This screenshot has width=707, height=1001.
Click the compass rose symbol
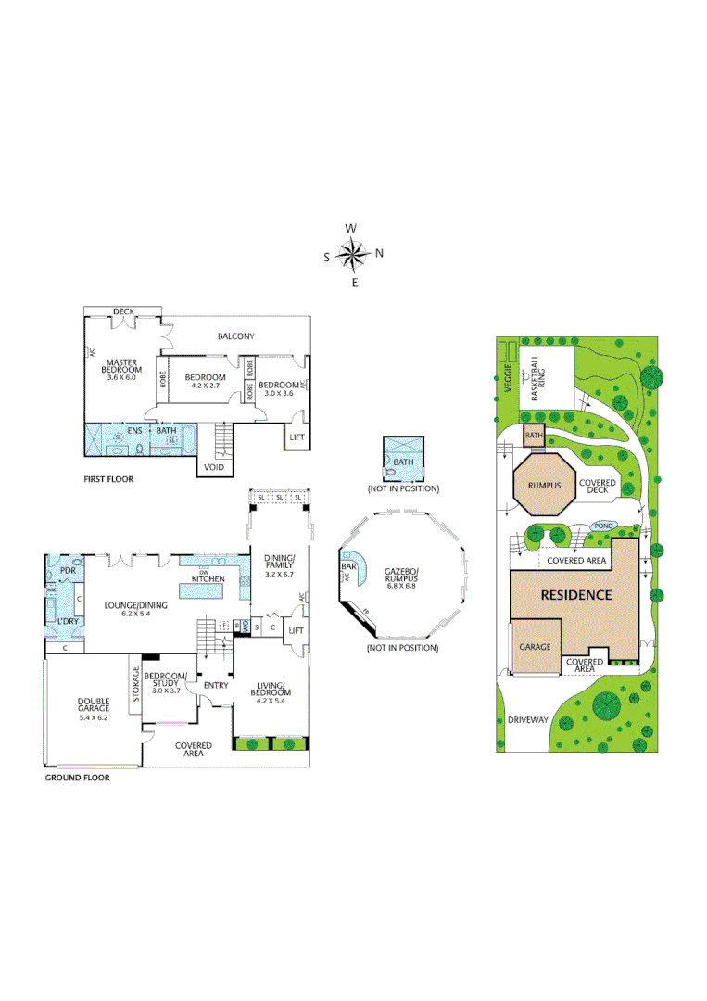[x=353, y=253]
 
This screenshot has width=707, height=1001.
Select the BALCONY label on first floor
[x=235, y=336]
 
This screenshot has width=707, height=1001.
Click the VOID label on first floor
[x=212, y=468]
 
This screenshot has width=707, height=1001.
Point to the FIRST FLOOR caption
[x=108, y=479]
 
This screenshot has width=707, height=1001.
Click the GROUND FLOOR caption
[x=77, y=778]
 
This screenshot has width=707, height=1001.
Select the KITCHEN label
[x=208, y=578]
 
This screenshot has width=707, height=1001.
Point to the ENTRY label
[x=216, y=685]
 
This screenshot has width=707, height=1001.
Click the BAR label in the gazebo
[x=349, y=565]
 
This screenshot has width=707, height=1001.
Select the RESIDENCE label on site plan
[x=575, y=595]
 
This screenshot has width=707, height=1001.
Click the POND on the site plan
[x=603, y=526]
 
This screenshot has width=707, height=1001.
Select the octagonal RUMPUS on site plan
[x=544, y=484]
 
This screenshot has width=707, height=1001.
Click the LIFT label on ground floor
[x=296, y=630]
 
